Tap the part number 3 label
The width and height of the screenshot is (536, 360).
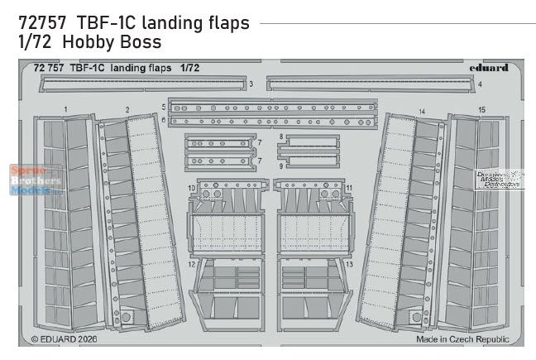coord(251,84)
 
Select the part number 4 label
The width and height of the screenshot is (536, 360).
coord(480,84)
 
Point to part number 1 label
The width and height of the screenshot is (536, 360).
coord(65,109)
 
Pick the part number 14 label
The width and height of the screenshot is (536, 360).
coord(422,110)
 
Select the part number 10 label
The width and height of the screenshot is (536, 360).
coord(192,189)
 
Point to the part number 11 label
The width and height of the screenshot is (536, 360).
coord(350,189)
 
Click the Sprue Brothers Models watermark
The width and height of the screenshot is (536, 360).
coord(36,179)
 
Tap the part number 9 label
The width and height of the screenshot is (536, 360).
coord(281,166)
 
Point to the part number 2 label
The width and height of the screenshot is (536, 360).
coord(127,109)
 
